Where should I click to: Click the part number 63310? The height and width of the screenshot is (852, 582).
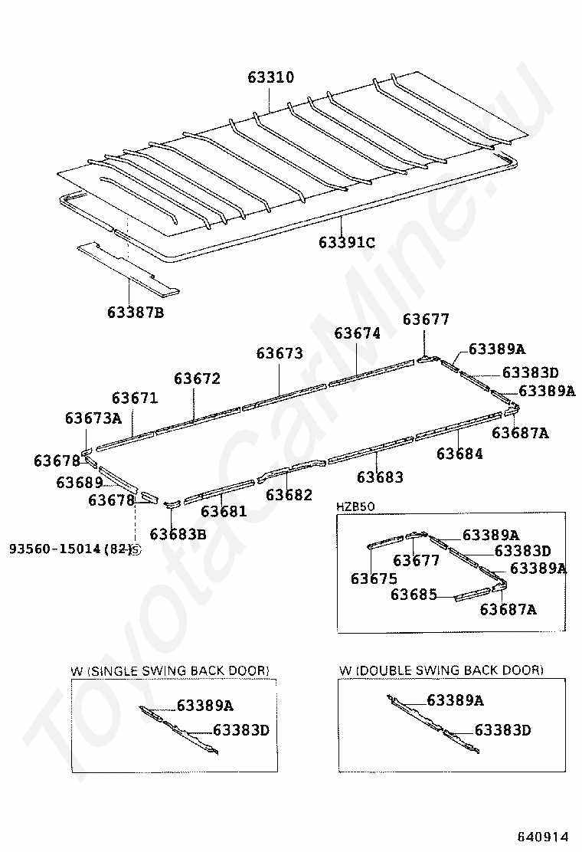pyautogui.click(x=271, y=77)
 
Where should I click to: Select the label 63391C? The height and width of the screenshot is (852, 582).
pyautogui.click(x=347, y=243)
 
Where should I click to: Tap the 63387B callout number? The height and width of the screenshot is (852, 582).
pyautogui.click(x=136, y=312)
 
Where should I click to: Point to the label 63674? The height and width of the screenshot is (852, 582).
pyautogui.click(x=357, y=333)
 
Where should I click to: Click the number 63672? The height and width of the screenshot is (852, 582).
pyautogui.click(x=197, y=378)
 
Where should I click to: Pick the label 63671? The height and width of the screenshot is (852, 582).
pyautogui.click(x=135, y=398)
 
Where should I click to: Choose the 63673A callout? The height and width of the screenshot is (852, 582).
pyautogui.click(x=93, y=418)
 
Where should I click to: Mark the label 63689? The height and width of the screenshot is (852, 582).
pyautogui.click(x=79, y=482)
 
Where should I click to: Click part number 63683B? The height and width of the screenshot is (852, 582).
pyautogui.click(x=178, y=534)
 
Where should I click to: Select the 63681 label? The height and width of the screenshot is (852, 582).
pyautogui.click(x=224, y=511)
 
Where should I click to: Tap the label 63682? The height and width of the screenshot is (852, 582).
pyautogui.click(x=289, y=495)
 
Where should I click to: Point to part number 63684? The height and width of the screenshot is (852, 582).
pyautogui.click(x=459, y=454)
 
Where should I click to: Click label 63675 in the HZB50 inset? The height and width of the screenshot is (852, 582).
pyautogui.click(x=374, y=578)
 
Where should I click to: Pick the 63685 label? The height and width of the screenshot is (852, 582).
pyautogui.click(x=414, y=594)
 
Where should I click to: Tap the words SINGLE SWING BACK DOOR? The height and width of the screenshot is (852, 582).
pyautogui.click(x=179, y=670)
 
